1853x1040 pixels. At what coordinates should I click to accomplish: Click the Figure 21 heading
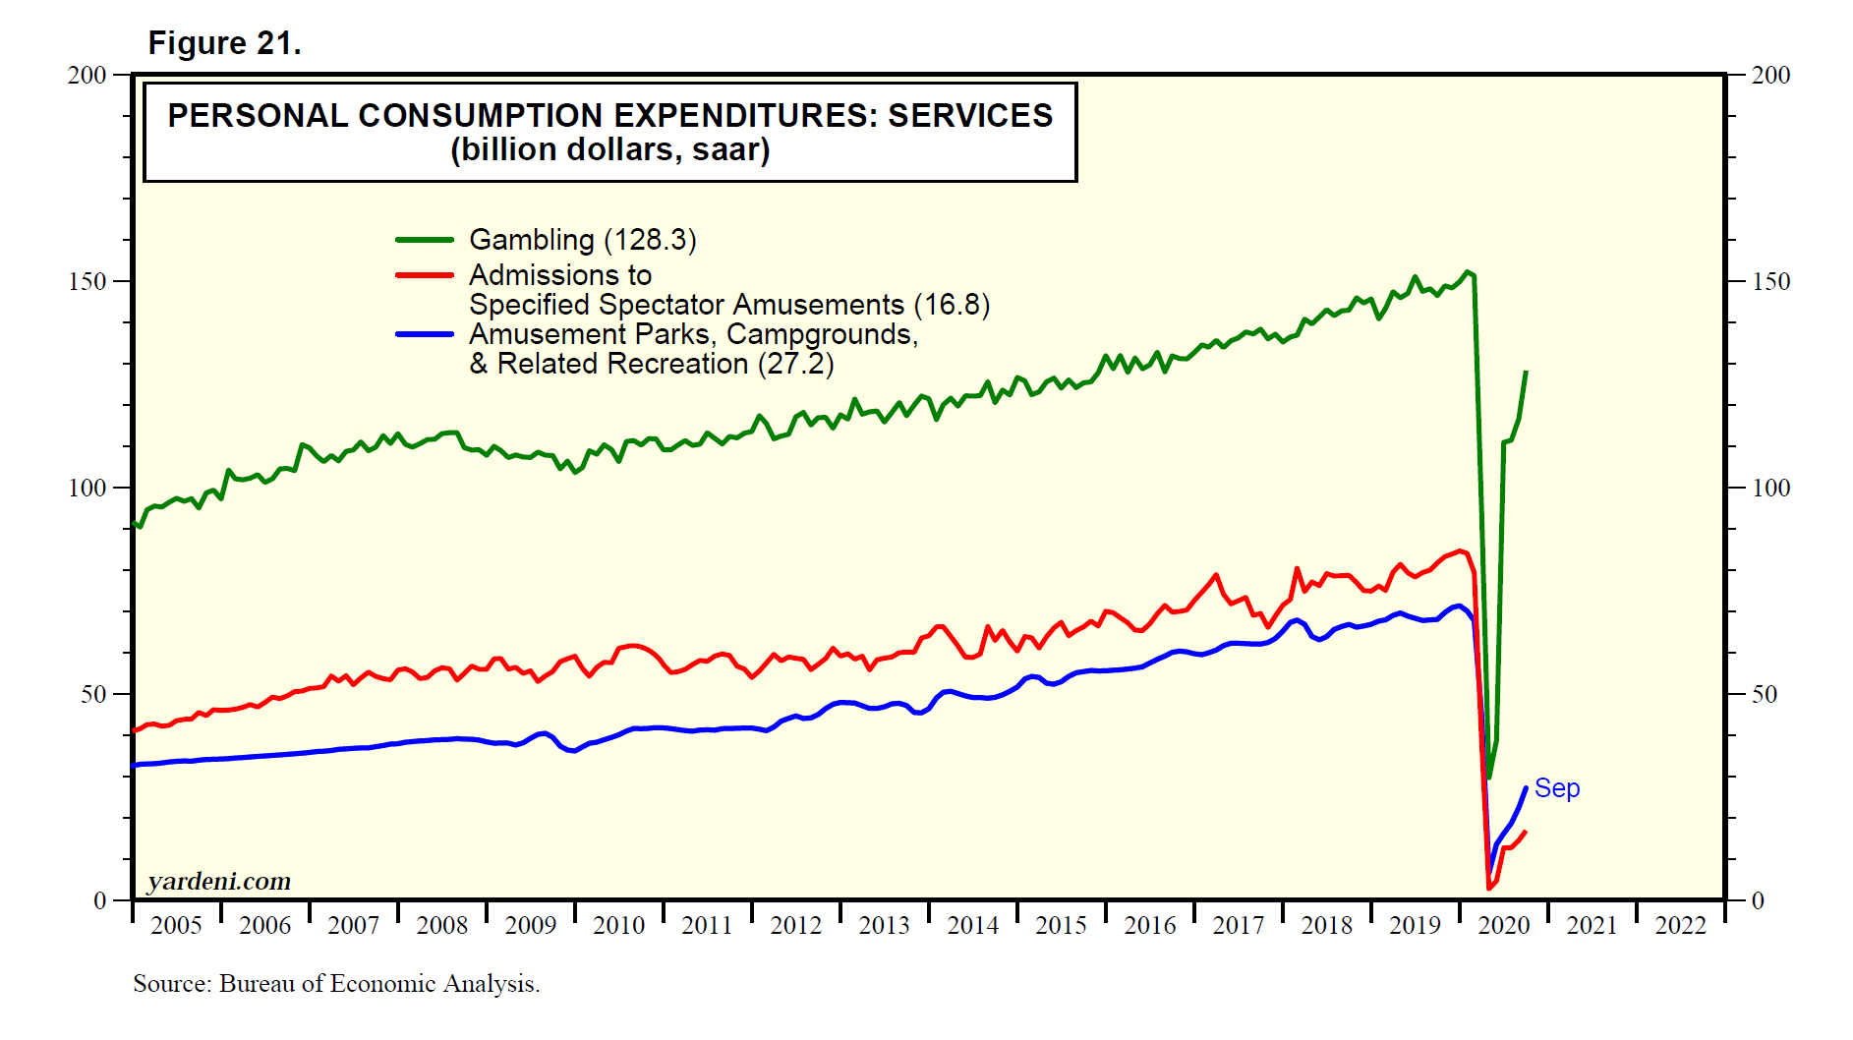click(x=224, y=43)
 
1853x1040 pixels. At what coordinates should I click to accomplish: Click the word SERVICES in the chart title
click(x=970, y=116)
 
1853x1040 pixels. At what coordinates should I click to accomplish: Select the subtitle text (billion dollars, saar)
click(x=609, y=150)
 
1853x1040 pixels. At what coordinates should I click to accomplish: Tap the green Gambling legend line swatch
click(x=424, y=240)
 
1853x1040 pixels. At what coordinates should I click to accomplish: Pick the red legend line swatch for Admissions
click(x=424, y=275)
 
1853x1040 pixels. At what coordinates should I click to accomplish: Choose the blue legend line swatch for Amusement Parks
click(x=424, y=334)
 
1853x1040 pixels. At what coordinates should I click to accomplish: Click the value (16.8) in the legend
click(x=952, y=305)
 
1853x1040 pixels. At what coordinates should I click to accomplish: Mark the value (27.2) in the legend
click(x=795, y=364)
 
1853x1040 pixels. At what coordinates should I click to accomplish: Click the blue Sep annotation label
click(x=1557, y=788)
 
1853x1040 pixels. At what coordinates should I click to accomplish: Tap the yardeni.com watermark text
click(x=219, y=881)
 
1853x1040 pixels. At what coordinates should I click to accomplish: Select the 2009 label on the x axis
click(x=530, y=925)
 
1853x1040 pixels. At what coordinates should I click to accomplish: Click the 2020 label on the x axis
click(x=1503, y=925)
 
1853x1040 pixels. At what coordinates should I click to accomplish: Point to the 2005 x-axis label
click(x=176, y=925)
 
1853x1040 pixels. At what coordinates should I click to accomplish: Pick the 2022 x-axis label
click(x=1680, y=925)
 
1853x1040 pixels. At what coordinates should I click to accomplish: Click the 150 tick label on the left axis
click(x=87, y=281)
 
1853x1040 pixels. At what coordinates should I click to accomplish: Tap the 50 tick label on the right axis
click(x=1765, y=694)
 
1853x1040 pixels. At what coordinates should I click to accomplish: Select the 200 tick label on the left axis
click(x=87, y=75)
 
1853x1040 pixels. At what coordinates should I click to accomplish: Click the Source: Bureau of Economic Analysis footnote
click(x=336, y=984)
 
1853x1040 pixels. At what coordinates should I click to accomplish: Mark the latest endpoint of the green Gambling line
click(x=1526, y=372)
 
